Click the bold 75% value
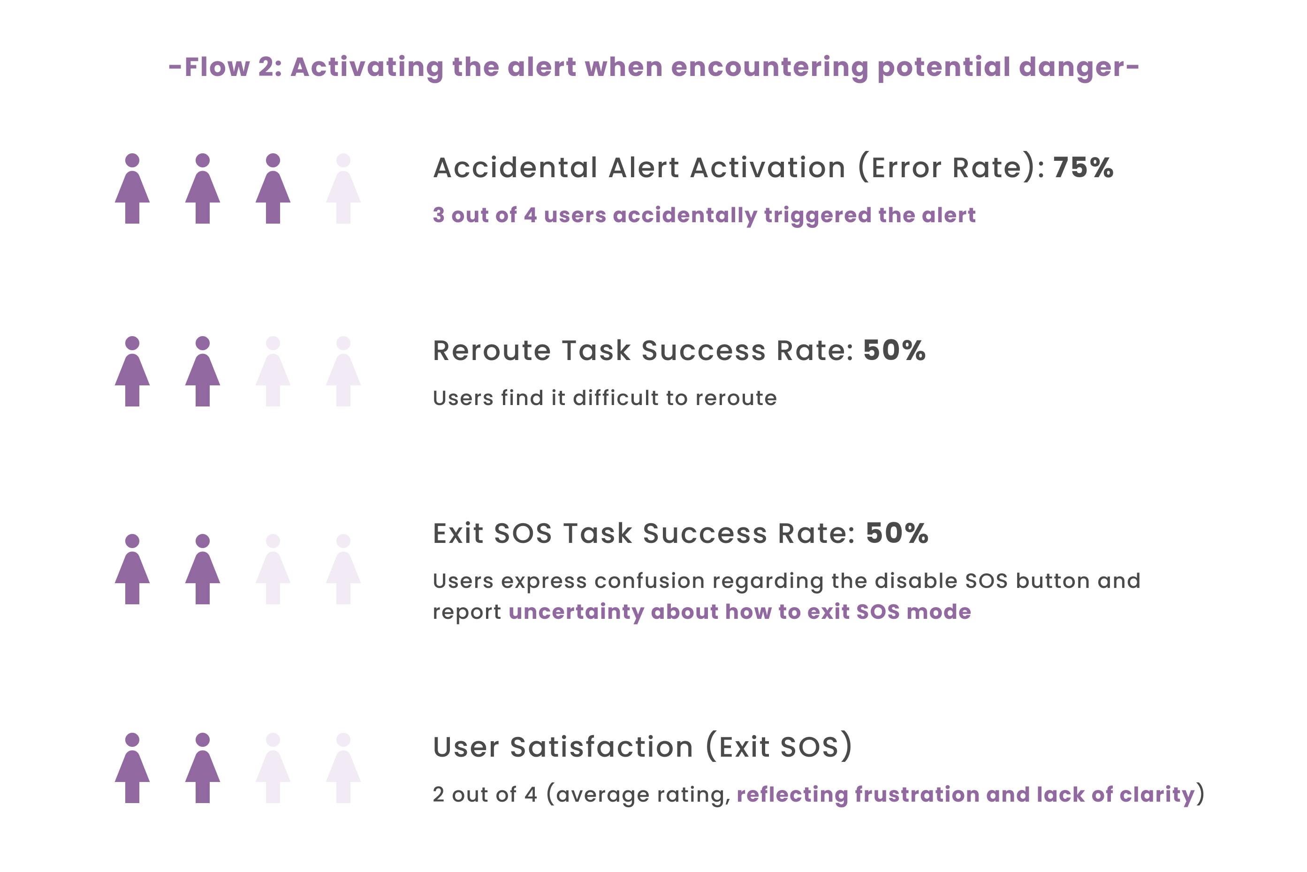[1083, 167]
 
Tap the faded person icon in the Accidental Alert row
[343, 188]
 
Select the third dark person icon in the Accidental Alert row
[273, 188]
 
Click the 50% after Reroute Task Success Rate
[894, 350]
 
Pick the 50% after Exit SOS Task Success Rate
[897, 534]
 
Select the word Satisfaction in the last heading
[601, 747]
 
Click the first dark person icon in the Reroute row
[132, 371]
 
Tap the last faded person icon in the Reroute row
[343, 371]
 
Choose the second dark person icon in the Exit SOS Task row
[203, 570]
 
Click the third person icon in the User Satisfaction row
[273, 768]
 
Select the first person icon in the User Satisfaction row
[132, 768]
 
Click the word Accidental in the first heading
[515, 167]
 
